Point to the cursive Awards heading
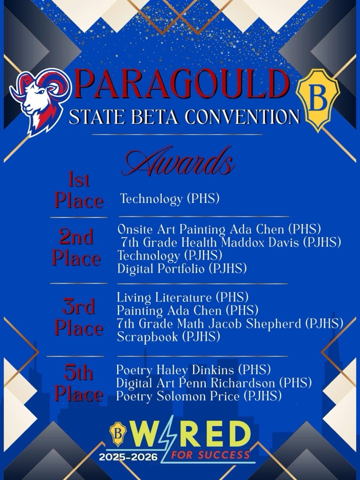click(x=179, y=162)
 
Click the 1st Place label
click(x=79, y=191)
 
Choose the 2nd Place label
click(x=76, y=248)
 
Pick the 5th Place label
click(x=79, y=384)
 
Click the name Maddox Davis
click(x=260, y=242)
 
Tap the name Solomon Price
click(x=198, y=396)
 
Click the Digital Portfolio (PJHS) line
click(x=182, y=269)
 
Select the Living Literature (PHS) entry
click(x=182, y=297)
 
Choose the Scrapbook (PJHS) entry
click(x=168, y=337)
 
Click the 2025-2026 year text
click(x=128, y=457)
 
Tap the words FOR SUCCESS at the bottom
click(x=210, y=455)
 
